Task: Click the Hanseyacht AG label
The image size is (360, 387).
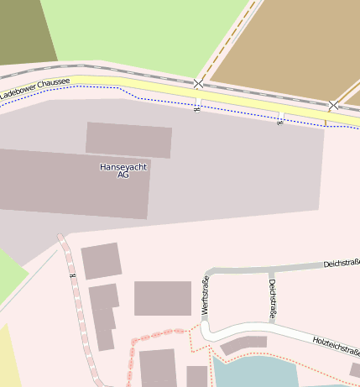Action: point(123,170)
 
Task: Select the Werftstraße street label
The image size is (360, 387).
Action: point(206,295)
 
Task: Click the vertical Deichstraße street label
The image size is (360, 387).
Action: point(273,300)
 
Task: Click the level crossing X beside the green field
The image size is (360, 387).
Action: point(198,84)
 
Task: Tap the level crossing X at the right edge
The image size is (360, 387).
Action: point(333,106)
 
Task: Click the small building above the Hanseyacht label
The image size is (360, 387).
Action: point(128,139)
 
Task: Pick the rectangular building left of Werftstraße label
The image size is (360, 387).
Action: point(163,298)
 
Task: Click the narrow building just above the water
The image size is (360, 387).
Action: point(243,344)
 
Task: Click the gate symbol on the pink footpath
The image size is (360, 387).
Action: point(73,275)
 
